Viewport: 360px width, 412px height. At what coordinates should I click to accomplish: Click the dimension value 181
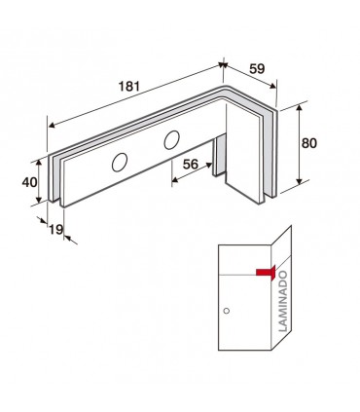click(129, 87)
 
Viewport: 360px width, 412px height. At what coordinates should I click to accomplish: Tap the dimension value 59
click(257, 68)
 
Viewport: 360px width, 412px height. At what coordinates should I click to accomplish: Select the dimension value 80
click(308, 143)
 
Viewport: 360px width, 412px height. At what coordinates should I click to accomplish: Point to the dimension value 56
click(191, 165)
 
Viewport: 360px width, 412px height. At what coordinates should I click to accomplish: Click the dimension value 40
click(29, 182)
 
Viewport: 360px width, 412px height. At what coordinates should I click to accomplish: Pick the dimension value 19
click(56, 230)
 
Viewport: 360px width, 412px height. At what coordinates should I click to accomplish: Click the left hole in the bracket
click(120, 163)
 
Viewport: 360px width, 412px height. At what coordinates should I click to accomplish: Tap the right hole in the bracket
click(171, 140)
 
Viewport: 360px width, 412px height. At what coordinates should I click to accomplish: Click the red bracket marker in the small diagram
click(267, 273)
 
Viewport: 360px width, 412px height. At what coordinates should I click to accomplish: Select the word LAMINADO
click(283, 301)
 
